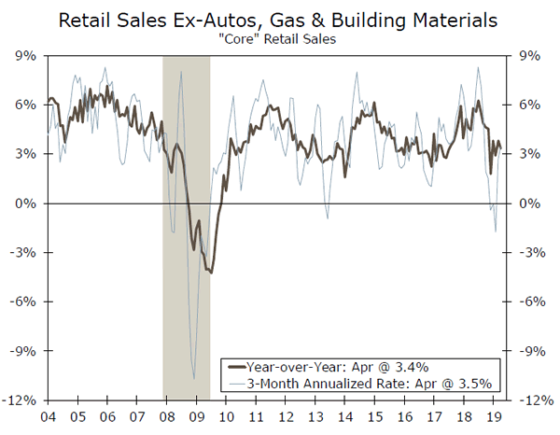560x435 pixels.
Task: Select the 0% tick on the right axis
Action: click(527, 203)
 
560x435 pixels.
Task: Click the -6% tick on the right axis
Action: click(529, 302)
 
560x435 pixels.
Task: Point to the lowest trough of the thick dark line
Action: click(211, 273)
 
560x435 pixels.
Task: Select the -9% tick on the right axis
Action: click(529, 351)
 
